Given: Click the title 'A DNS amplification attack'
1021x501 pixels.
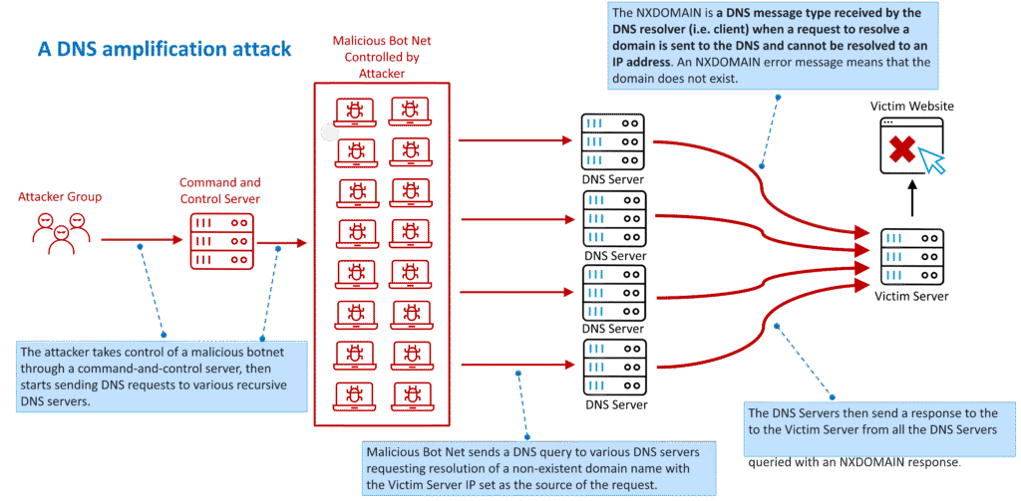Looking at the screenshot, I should click(x=165, y=48).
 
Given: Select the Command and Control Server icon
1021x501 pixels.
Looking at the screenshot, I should click(x=218, y=239).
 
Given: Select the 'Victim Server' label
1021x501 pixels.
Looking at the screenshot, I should click(x=911, y=296).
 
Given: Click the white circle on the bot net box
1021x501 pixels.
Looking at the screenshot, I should click(x=329, y=131).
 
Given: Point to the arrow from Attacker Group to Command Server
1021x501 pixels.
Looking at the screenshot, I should click(x=140, y=239).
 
